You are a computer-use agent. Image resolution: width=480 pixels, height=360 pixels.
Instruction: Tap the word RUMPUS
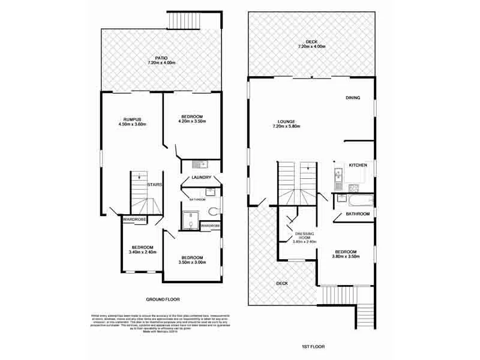131,118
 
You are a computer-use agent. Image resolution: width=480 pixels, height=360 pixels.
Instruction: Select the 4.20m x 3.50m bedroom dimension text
193,121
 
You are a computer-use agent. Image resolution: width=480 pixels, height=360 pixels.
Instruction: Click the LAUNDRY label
200,178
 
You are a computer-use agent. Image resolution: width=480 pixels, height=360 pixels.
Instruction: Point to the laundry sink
199,164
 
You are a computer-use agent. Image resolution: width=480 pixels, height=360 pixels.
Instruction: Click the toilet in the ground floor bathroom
211,211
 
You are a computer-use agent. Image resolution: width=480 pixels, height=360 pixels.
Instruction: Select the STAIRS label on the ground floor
155,185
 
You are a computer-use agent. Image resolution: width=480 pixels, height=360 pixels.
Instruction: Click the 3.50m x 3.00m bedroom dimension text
193,262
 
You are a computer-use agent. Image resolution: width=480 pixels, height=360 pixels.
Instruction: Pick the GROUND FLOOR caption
163,299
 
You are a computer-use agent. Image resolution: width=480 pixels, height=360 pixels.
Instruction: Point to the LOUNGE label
286,121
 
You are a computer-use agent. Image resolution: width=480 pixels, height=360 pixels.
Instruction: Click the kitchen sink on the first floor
338,176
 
